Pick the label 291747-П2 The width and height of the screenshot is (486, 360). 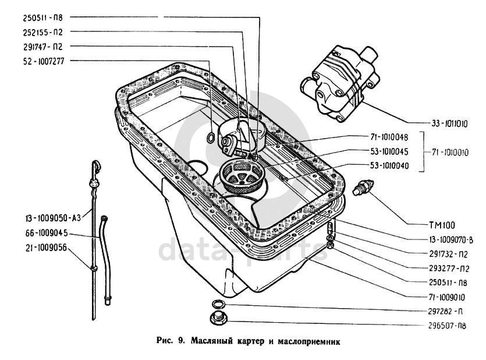[36, 45]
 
